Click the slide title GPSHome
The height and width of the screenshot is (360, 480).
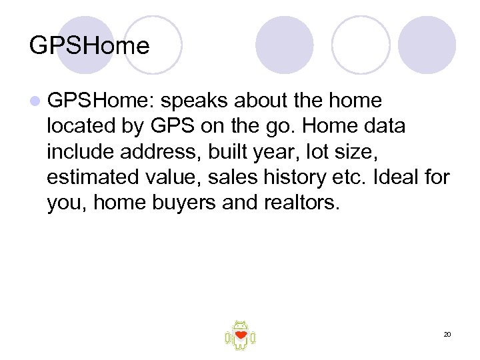pyautogui.click(x=89, y=46)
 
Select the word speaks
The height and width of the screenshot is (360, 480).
pyautogui.click(x=192, y=101)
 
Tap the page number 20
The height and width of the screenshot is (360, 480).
pyautogui.click(x=447, y=334)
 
